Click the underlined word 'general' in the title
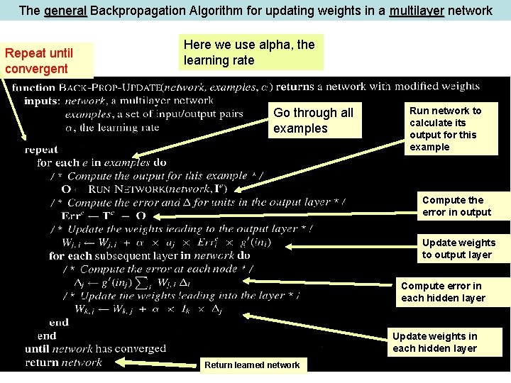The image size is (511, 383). click(x=65, y=11)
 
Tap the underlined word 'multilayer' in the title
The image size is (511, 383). click(x=417, y=11)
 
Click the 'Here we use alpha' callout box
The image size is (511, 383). click(x=250, y=52)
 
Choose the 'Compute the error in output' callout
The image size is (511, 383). click(x=456, y=206)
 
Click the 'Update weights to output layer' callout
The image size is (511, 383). click(x=458, y=248)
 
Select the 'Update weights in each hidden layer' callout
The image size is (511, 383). click(x=434, y=342)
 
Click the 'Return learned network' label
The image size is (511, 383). click(x=252, y=365)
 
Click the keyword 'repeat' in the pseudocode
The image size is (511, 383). click(x=41, y=150)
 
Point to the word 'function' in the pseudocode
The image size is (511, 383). click(x=34, y=88)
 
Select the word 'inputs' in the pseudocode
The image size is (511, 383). click(x=42, y=101)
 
